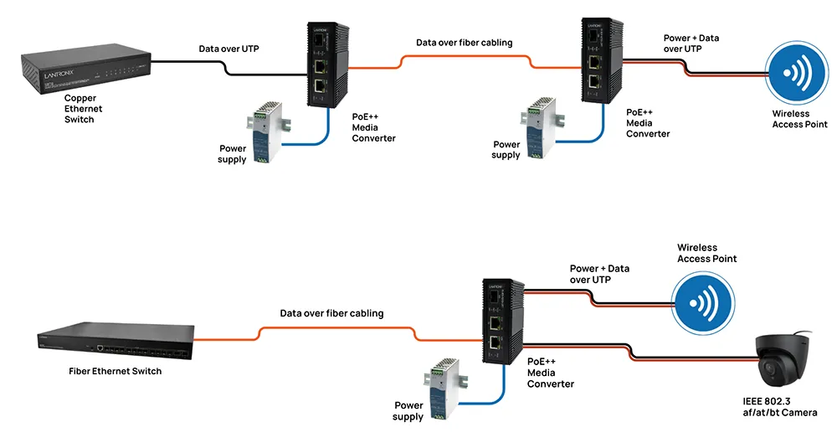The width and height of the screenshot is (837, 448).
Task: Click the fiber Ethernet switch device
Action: (x=116, y=341)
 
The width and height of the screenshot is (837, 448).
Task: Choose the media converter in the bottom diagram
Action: (x=503, y=323)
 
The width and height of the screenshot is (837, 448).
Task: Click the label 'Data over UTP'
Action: (x=229, y=49)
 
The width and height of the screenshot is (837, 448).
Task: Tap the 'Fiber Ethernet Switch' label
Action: (x=116, y=371)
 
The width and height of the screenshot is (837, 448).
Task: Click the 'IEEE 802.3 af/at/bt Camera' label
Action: (x=780, y=407)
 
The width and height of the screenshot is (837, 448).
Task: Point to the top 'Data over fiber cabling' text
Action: (x=465, y=43)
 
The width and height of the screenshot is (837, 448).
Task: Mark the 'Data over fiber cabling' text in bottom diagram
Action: (x=331, y=313)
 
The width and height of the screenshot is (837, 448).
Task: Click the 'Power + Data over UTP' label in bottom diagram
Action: (x=599, y=274)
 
